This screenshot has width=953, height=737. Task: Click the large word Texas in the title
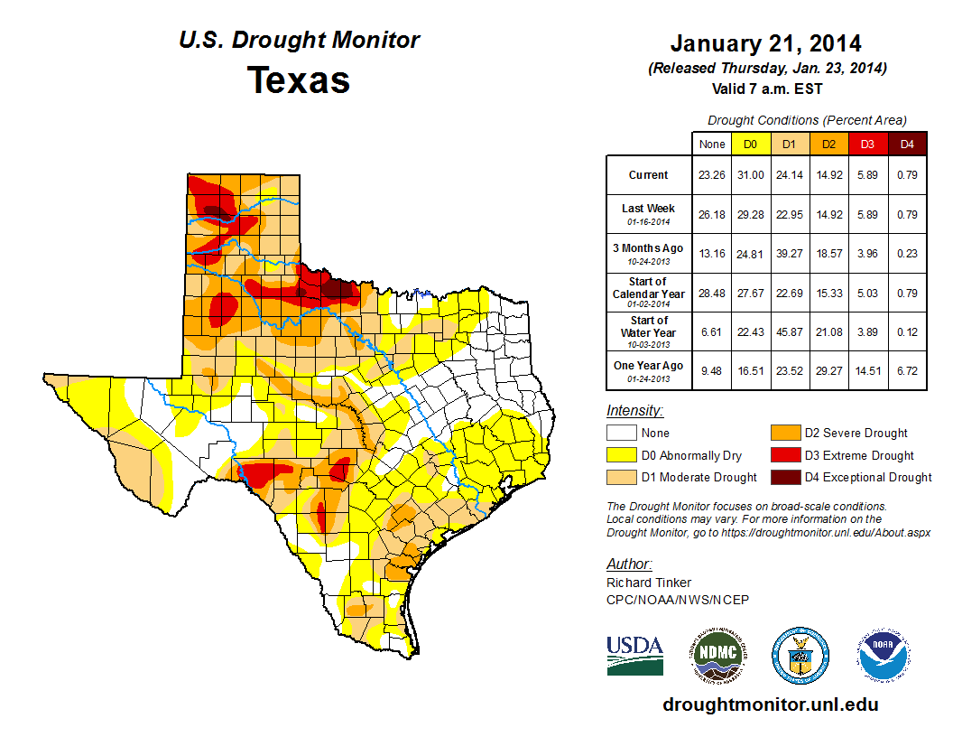pos(299,80)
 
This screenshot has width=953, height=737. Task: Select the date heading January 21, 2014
pos(765,43)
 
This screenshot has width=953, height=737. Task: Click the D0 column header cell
pos(750,144)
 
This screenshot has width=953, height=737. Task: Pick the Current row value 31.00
pos(750,175)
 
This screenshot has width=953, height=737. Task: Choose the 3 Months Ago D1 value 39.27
pos(789,254)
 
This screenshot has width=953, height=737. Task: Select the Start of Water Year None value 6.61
pos(711,331)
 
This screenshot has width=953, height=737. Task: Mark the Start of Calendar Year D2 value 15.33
pos(828,293)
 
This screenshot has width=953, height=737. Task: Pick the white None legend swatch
pos(621,434)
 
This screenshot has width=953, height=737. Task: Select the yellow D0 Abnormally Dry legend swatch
pos(621,455)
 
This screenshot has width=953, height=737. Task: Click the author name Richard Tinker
pos(649,583)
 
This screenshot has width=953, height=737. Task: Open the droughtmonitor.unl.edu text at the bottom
pos(770,704)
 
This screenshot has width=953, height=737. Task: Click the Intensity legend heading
pos(634,411)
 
